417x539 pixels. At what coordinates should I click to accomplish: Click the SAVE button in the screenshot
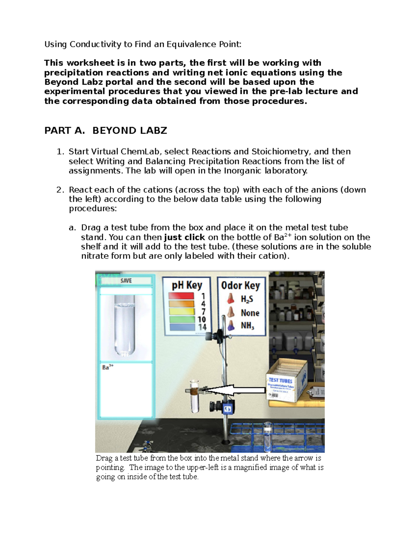(126, 280)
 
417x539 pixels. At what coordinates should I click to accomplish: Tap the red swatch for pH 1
(181, 296)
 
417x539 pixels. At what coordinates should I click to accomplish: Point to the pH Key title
(187, 285)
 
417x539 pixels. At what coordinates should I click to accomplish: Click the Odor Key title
(240, 285)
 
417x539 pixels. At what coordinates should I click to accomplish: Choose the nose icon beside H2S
(230, 298)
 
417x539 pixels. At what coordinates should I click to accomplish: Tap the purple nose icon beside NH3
(230, 326)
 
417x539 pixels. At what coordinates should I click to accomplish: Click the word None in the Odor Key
(250, 313)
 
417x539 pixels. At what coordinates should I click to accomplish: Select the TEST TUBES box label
(280, 380)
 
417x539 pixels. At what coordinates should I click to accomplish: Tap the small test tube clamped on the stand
(195, 396)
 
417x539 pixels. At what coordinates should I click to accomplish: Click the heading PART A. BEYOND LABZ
(106, 130)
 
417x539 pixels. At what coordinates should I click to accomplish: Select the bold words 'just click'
(184, 237)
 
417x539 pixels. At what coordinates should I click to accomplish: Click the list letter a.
(72, 228)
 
